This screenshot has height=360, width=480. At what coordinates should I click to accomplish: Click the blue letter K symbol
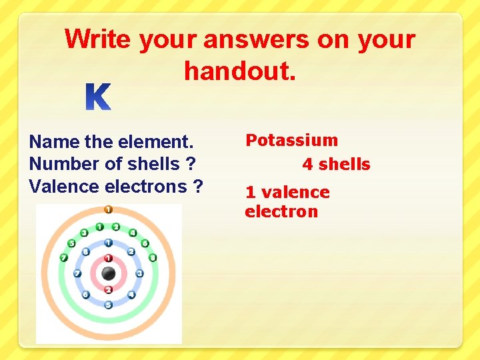99,97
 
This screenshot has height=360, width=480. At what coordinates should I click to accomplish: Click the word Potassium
291,140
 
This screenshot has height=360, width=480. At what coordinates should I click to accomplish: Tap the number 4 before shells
307,165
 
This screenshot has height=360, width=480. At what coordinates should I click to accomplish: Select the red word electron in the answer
281,212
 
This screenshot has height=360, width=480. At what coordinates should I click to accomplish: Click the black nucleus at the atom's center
108,273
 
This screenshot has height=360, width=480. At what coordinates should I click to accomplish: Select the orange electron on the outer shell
108,209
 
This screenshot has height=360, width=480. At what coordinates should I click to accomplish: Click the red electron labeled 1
108,258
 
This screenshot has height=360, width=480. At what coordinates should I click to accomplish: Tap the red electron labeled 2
108,289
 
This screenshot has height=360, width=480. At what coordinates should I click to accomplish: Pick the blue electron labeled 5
108,305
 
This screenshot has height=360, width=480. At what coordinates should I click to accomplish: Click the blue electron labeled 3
139,273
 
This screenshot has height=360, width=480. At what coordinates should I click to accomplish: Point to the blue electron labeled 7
77,273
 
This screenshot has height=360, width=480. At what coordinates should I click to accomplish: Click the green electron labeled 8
153,257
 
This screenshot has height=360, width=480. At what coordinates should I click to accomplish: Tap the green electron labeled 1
100,227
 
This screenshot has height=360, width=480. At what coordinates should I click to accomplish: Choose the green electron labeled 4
133,233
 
